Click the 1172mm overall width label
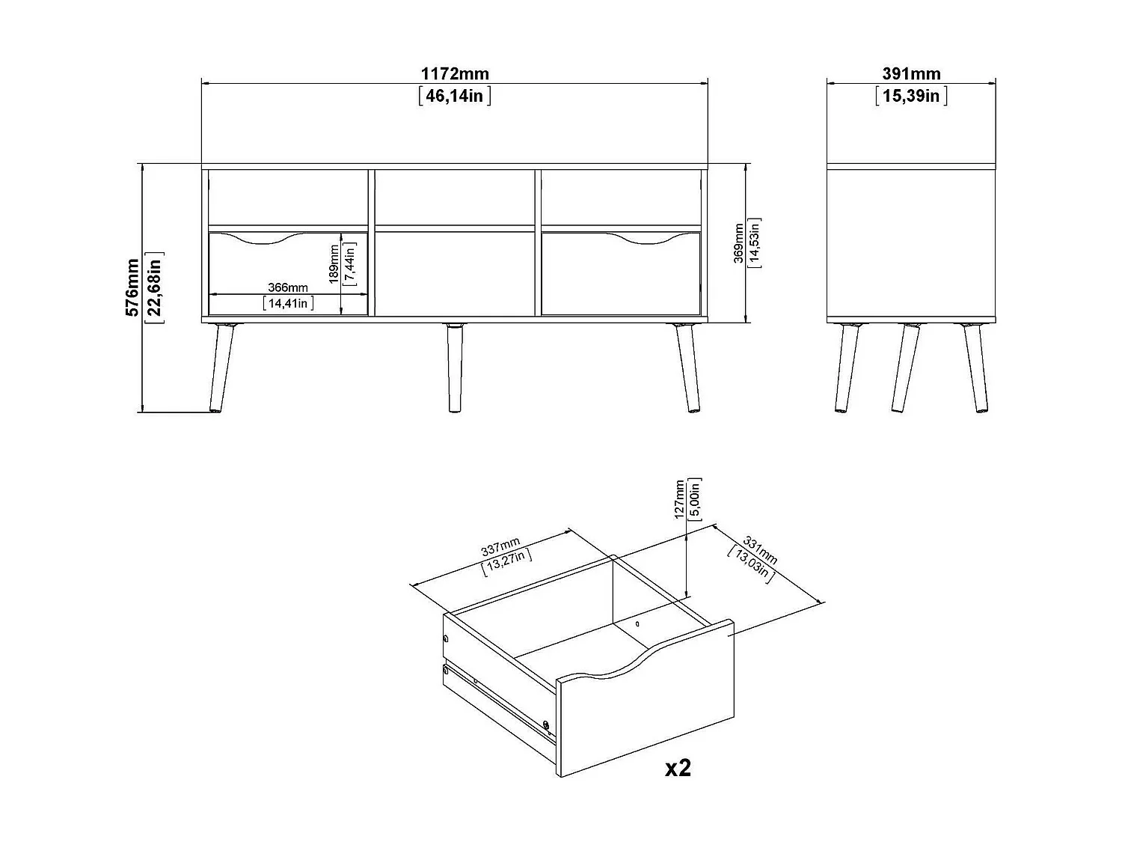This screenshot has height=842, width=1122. (455, 73)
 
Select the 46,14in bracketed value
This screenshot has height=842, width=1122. (455, 96)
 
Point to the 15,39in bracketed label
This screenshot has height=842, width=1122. (910, 96)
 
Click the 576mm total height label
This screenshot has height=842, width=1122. (133, 287)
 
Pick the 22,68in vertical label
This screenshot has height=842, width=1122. (155, 287)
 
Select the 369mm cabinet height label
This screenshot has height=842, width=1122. (739, 243)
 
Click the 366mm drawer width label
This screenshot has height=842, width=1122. (288, 288)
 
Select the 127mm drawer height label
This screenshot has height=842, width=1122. (679, 499)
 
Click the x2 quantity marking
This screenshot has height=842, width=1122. (678, 768)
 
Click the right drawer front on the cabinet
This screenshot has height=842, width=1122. (621, 277)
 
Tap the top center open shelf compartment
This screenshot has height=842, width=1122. (454, 198)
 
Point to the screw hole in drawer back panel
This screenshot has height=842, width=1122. (637, 623)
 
